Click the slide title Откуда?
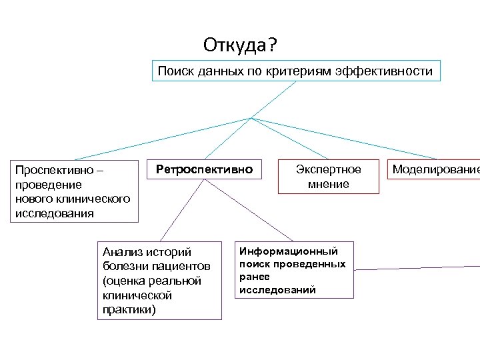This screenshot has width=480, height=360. pos(242,46)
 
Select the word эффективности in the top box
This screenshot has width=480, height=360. pos(394,71)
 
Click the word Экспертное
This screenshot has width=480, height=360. pos(328,169)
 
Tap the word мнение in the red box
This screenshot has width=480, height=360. pos(328,184)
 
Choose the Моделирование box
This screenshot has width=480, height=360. pos(435,169)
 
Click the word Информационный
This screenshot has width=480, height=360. pos(289,251)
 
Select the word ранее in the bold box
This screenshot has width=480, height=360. pos(255,276)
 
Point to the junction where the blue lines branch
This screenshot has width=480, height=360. pos(251,119)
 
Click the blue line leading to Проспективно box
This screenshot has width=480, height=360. pos(153,142)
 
